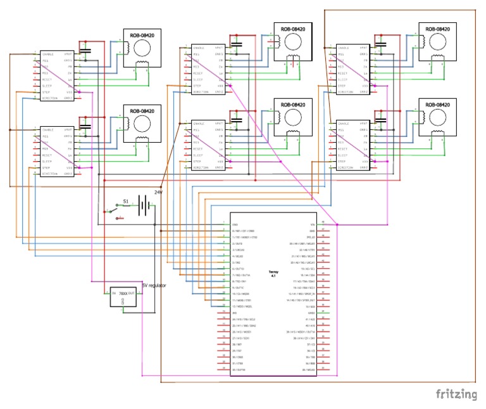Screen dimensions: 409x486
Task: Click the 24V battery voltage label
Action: [159, 192]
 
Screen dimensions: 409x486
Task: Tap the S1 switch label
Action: [125, 201]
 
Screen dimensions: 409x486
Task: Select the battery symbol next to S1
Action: [145, 204]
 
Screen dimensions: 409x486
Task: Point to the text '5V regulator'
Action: [154, 286]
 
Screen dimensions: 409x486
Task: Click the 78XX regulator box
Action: [123, 297]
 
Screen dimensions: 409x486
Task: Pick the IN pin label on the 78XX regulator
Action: [114, 293]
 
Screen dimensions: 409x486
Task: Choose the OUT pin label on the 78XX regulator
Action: [132, 293]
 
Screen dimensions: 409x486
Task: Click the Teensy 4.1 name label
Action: [273, 273]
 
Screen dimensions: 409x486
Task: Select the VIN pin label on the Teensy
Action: [311, 224]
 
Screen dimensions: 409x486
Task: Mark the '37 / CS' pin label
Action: [310, 344]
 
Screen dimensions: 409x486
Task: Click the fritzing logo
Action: [456, 394]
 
